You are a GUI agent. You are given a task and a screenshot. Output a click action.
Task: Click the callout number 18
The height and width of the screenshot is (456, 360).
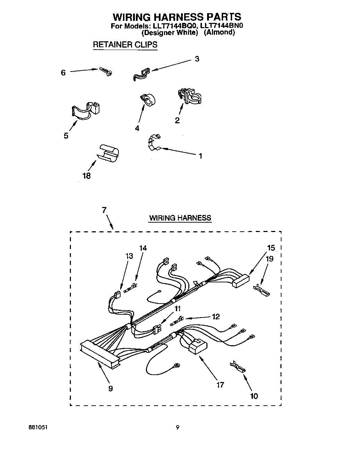click(87, 176)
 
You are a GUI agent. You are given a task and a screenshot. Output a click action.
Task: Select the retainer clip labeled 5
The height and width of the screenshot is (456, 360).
click(85, 111)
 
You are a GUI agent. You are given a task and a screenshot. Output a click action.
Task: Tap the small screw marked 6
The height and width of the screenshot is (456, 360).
click(106, 71)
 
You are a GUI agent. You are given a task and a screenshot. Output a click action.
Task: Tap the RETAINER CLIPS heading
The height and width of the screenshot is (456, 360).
click(125, 45)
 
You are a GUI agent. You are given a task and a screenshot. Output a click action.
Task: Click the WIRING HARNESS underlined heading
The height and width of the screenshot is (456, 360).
click(180, 218)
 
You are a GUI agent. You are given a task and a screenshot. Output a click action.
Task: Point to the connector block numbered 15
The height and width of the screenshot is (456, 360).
click(240, 280)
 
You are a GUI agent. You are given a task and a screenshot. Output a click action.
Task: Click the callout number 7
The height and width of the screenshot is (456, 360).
click(104, 210)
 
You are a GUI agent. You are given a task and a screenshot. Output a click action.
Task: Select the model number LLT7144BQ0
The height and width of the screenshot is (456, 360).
click(174, 26)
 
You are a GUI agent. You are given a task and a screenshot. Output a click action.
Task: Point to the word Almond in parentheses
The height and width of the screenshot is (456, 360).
click(219, 32)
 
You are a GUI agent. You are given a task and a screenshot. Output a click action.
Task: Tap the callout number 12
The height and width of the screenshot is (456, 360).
click(216, 316)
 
